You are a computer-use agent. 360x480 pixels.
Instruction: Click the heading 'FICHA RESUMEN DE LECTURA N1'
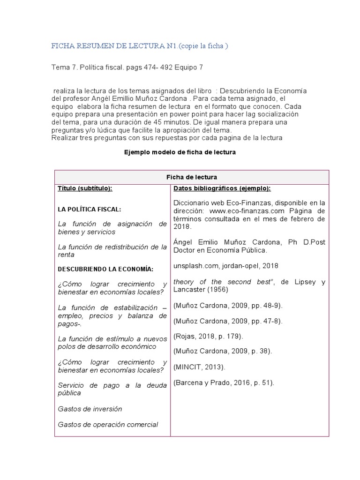click(112, 45)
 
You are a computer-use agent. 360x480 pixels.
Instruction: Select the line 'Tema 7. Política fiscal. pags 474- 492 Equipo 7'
click(127, 67)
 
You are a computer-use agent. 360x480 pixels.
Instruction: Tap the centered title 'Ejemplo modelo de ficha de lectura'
click(179, 152)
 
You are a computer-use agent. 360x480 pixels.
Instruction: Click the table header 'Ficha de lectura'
click(192, 177)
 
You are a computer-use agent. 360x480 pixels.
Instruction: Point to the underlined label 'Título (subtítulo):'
click(85, 188)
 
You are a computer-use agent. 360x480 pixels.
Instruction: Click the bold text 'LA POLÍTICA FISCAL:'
click(90, 209)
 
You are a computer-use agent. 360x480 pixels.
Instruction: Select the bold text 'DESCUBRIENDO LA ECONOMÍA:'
click(105, 269)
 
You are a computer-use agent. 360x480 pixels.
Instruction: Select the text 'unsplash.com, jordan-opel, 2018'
click(225, 265)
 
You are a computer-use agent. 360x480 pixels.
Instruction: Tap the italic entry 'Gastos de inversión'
click(90, 409)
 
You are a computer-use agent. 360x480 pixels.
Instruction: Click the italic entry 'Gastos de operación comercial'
click(108, 424)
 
